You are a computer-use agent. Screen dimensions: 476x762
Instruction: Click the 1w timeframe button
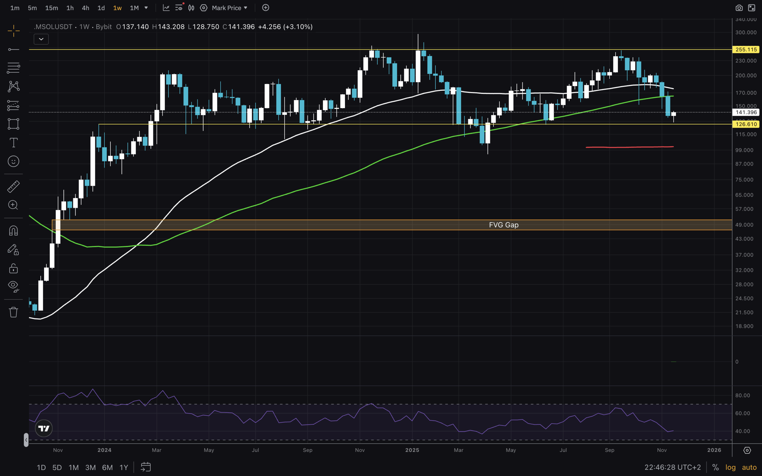[117, 8]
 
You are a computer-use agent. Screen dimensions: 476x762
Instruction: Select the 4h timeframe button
[85, 8]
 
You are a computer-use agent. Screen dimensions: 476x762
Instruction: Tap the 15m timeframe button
[51, 8]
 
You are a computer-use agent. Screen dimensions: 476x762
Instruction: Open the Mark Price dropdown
[229, 8]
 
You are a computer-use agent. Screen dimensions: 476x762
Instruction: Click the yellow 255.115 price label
[746, 49]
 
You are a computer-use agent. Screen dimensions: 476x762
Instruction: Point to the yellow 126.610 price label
[746, 124]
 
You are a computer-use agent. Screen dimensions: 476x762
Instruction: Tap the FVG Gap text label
[504, 225]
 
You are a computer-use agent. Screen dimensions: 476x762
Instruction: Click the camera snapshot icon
[739, 8]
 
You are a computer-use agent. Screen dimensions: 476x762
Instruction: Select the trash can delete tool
[13, 312]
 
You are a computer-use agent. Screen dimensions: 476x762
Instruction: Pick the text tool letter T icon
[13, 143]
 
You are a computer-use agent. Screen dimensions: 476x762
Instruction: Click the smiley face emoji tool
[13, 162]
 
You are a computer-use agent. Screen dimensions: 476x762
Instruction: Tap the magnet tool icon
[13, 231]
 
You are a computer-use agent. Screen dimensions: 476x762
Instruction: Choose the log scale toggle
[730, 467]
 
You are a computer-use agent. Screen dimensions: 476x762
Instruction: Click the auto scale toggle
[749, 467]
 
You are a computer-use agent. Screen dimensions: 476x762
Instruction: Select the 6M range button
[107, 467]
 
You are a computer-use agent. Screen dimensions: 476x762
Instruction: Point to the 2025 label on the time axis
[412, 450]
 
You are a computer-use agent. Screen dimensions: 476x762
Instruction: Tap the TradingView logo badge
[44, 428]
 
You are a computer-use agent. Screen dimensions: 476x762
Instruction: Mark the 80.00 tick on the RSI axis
[742, 395]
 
